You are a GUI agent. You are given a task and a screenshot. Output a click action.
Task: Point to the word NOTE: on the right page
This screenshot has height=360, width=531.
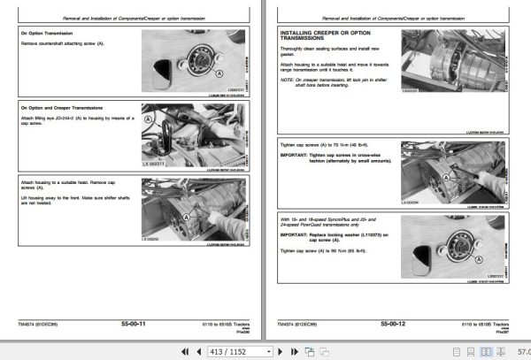click(287, 80)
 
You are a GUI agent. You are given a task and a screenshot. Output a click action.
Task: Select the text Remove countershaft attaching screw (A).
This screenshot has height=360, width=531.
click(61, 42)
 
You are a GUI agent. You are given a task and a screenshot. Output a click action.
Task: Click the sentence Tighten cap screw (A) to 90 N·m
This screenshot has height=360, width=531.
click(323, 251)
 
